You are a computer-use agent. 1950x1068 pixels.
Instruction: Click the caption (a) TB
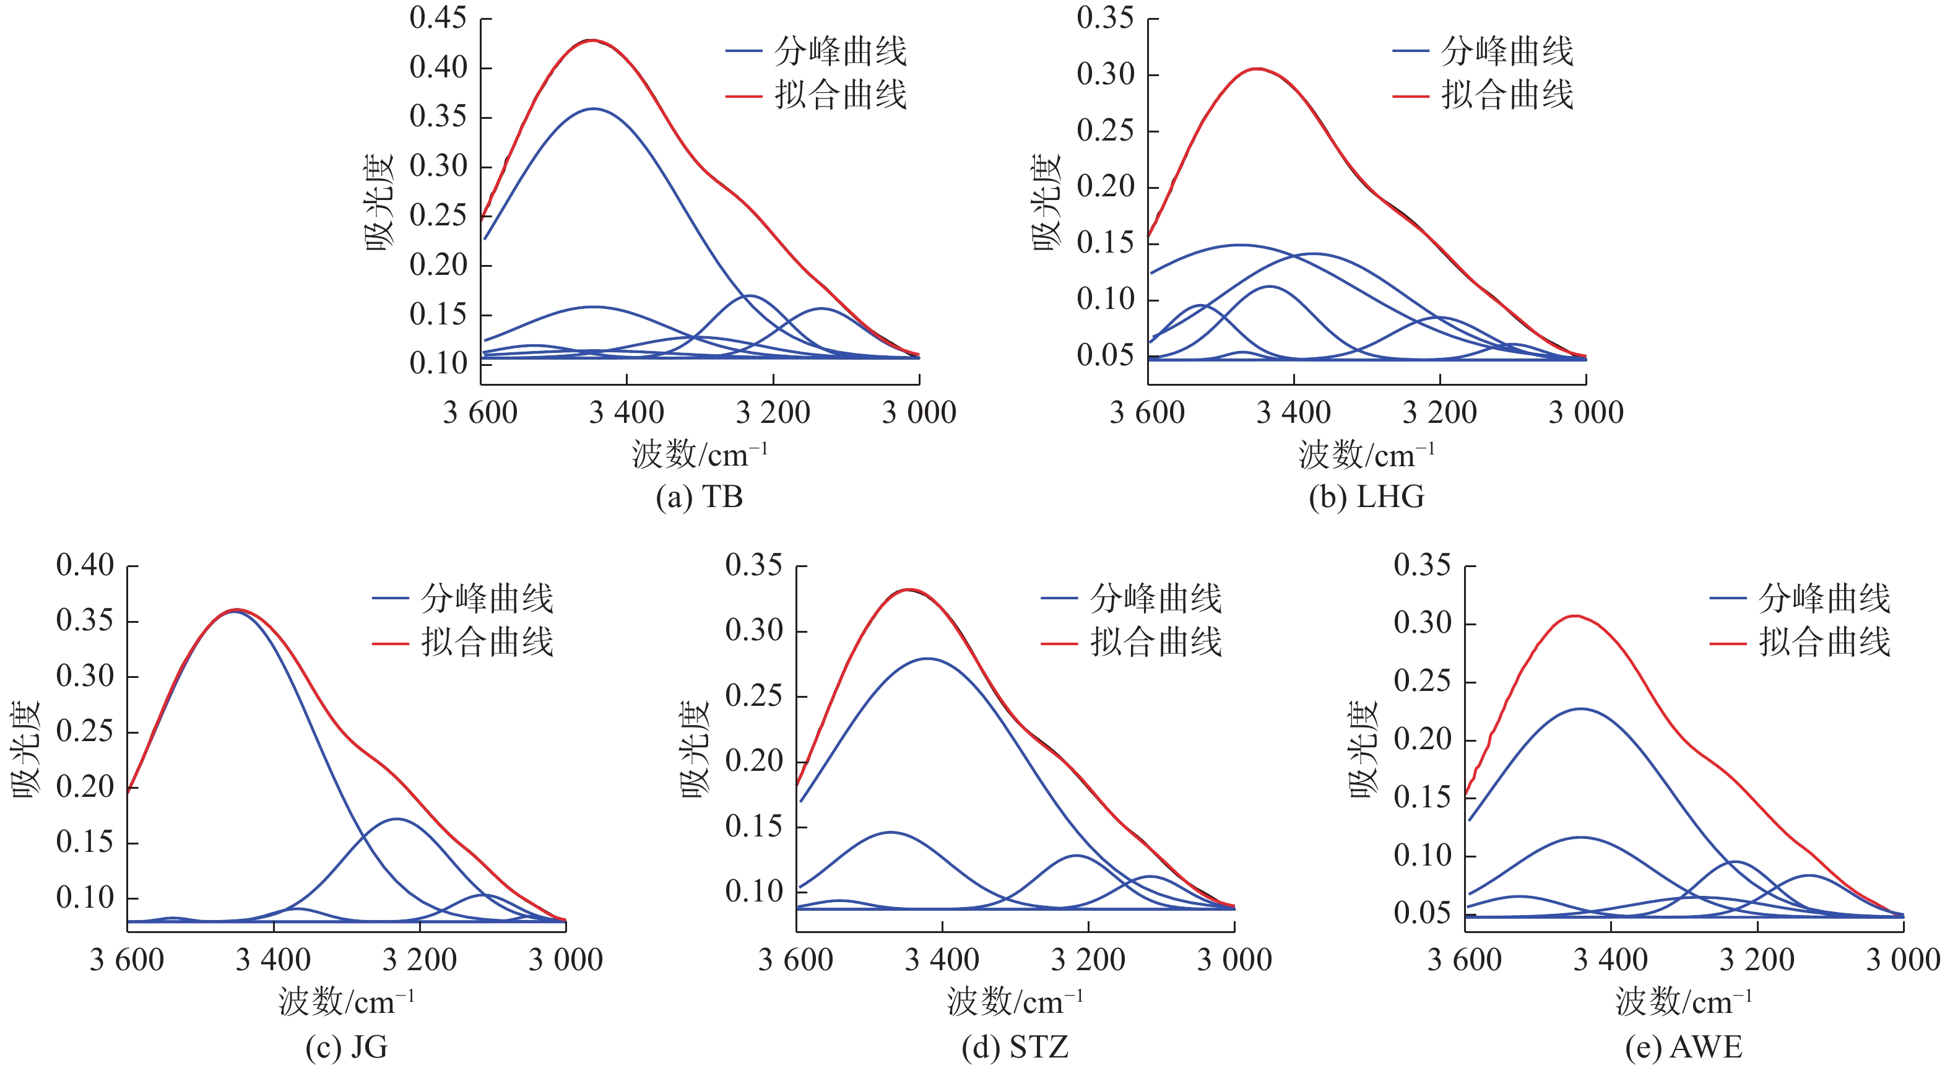700,497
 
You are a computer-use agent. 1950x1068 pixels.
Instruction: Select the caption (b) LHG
1366,497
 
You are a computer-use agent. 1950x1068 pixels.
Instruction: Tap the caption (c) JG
347,1048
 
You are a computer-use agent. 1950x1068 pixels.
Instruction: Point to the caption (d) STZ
1015,1048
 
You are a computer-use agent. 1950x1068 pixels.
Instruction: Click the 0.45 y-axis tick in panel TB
438,17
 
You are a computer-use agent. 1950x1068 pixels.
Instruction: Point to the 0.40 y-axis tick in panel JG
85,565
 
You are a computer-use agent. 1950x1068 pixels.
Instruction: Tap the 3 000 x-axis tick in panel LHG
1586,412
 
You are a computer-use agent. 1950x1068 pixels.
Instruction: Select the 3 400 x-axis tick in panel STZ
942,960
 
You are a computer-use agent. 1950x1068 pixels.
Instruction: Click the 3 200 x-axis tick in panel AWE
1757,960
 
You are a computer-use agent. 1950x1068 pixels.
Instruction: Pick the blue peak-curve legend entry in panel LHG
1484,51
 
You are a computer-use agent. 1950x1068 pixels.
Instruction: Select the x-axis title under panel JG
347,1002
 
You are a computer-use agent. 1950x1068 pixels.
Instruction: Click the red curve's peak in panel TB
592,40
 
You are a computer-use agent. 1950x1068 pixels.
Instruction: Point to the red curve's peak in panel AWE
1576,615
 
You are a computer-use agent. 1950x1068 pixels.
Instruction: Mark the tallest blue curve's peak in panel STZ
928,659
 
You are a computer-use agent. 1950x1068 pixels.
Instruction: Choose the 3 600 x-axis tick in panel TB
480,412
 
